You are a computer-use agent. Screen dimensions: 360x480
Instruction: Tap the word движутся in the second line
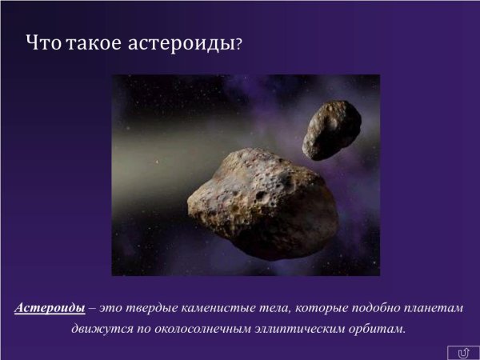(x=102, y=328)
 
